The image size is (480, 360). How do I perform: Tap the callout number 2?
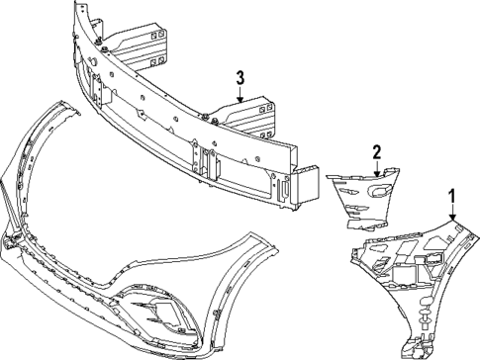click(x=377, y=151)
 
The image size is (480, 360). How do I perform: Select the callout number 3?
click(x=239, y=77)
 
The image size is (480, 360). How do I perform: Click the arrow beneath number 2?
click(x=377, y=167)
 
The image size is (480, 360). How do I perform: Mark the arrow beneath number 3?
click(x=239, y=93)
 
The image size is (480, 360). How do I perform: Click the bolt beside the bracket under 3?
click(x=215, y=121)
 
